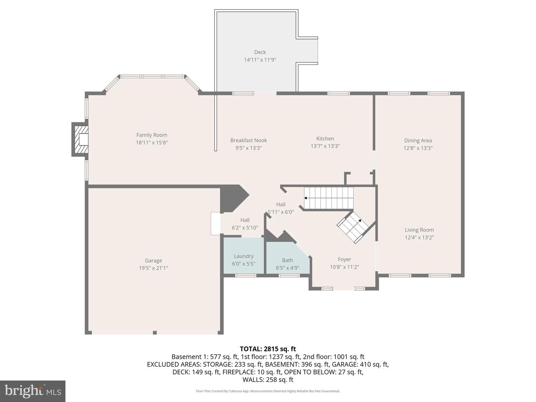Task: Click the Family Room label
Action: (151, 135)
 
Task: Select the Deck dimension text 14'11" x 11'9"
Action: (260, 60)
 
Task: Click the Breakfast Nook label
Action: (249, 140)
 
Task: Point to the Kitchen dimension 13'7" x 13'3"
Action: (325, 146)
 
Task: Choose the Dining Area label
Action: (418, 140)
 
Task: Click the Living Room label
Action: (419, 230)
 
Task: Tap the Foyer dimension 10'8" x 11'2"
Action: (344, 267)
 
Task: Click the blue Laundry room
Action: (243, 255)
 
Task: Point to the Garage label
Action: (153, 261)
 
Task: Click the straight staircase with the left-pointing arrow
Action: (329, 198)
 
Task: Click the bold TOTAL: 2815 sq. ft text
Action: (268, 349)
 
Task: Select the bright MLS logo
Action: (33, 391)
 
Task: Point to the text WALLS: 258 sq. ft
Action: (268, 380)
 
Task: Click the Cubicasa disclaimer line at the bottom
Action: (268, 391)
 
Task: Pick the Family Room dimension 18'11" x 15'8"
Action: (151, 143)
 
